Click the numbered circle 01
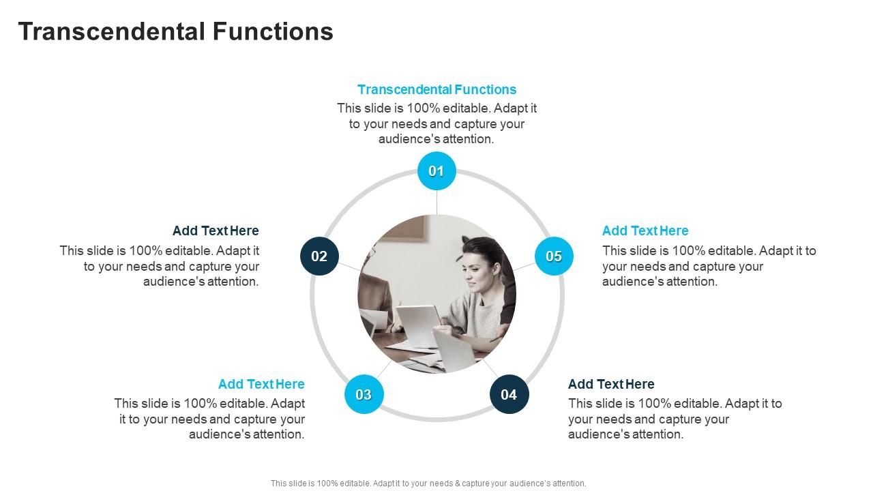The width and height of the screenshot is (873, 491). click(436, 171)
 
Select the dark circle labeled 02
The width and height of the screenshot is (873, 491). click(319, 256)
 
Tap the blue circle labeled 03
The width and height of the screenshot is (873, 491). click(364, 394)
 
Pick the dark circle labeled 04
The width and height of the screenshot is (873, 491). click(509, 394)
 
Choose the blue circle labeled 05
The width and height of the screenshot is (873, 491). click(553, 256)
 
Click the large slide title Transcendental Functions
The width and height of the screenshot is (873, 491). click(175, 31)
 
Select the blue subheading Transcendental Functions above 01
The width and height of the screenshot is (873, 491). click(436, 89)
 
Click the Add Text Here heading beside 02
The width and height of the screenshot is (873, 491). click(216, 230)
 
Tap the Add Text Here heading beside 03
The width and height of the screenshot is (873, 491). click(261, 384)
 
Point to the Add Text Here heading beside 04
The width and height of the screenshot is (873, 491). click(611, 384)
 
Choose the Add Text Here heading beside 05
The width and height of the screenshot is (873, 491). click(645, 230)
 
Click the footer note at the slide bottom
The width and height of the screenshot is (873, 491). click(428, 483)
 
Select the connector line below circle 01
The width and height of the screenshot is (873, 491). click(436, 202)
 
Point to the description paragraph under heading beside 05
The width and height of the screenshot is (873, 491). click(709, 266)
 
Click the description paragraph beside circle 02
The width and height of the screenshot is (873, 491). click(160, 266)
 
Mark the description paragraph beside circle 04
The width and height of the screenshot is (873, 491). click(675, 419)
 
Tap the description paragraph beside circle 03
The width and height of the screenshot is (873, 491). click(210, 419)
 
